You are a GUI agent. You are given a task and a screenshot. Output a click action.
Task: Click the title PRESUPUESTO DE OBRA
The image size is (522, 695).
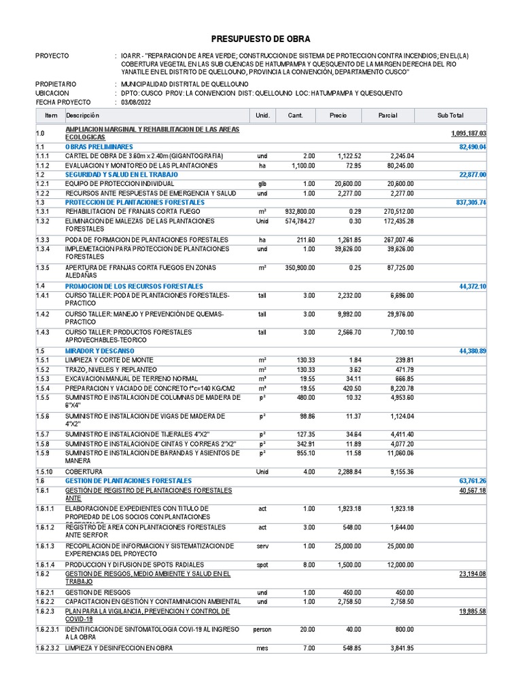[261, 39]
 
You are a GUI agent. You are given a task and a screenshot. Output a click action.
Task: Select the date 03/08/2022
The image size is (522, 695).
[137, 102]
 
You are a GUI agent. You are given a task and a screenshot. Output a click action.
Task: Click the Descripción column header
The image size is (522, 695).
[83, 115]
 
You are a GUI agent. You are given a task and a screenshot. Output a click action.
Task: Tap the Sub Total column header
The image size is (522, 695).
[450, 115]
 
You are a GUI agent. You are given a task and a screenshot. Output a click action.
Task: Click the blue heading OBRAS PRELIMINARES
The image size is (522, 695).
[99, 147]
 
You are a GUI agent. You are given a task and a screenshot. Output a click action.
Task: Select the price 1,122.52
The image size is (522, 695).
[349, 156]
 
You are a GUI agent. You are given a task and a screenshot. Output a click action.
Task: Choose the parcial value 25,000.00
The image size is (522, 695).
[396, 546]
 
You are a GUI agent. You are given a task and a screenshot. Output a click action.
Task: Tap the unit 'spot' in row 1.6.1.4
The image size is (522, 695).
[262, 565]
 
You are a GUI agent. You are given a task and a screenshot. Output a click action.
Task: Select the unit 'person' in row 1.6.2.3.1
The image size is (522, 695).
[262, 629]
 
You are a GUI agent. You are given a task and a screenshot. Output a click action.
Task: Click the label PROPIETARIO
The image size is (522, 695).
[56, 83]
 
